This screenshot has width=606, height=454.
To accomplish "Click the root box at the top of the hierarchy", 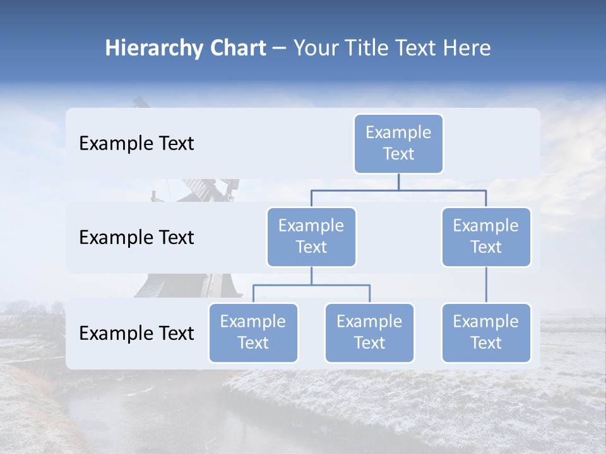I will pyautogui.click(x=398, y=144).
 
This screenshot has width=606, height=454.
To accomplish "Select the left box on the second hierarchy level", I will pyautogui.click(x=311, y=237).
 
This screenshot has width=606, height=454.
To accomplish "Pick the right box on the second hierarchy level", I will pyautogui.click(x=486, y=237).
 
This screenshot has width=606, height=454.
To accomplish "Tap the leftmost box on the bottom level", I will pyautogui.click(x=253, y=333).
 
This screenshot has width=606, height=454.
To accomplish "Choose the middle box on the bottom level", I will pyautogui.click(x=369, y=333).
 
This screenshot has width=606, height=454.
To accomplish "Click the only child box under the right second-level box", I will pyautogui.click(x=486, y=333).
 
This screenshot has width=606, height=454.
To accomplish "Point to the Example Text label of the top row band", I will pyautogui.click(x=136, y=144).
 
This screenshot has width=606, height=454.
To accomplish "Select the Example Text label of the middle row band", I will pyautogui.click(x=136, y=238).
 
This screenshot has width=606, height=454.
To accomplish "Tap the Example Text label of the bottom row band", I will pyautogui.click(x=136, y=334).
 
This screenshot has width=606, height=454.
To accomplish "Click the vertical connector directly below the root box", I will pyautogui.click(x=398, y=182).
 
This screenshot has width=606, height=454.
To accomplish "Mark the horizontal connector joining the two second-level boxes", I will pyautogui.click(x=398, y=190).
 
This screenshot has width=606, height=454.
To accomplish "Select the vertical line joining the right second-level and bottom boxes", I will pyautogui.click(x=486, y=285).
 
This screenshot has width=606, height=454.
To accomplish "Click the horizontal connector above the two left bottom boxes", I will pyautogui.click(x=311, y=285).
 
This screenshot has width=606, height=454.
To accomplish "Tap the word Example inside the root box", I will pyautogui.click(x=398, y=132).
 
